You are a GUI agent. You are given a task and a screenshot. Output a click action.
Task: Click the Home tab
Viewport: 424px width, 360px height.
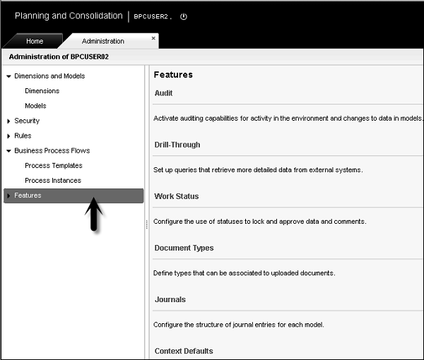[35, 42]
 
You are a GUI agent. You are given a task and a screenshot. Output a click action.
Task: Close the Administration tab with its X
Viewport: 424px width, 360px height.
[153, 38]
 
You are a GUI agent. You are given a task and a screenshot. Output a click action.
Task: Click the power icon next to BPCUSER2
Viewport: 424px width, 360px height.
[184, 16]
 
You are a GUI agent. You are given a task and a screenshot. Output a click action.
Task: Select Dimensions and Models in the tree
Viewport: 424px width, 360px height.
[49, 76]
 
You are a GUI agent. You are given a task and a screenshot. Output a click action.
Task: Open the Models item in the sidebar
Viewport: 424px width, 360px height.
[35, 106]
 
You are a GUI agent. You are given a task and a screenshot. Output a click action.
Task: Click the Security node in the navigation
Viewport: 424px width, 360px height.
[27, 121]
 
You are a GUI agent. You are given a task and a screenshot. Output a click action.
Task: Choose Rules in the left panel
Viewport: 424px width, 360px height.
[23, 136]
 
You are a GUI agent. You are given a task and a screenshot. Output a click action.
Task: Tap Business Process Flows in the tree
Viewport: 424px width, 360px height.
[52, 150]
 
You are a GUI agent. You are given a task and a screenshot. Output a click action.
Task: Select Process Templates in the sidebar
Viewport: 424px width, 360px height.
[53, 166]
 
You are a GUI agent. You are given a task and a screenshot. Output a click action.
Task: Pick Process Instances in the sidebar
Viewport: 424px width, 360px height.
[52, 181]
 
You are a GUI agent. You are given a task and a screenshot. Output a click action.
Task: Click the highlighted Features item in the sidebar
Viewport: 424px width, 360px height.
[28, 196]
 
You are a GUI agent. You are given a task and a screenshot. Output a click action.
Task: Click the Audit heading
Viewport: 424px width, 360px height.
[163, 93]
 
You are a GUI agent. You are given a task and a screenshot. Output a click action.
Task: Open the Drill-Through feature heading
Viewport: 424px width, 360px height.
[177, 145]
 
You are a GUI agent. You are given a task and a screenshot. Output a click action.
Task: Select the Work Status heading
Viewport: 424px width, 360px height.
[177, 196]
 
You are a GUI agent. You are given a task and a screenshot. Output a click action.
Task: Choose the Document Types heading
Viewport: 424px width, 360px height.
[184, 248]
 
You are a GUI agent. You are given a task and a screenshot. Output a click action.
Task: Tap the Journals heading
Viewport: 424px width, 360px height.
[170, 299]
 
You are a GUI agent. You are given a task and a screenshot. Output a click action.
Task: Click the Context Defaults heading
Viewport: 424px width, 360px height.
[184, 351]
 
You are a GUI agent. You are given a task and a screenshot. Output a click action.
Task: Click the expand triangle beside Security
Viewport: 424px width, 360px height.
[8, 121]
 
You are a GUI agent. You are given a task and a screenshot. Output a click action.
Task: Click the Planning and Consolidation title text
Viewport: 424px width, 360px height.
[69, 16]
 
